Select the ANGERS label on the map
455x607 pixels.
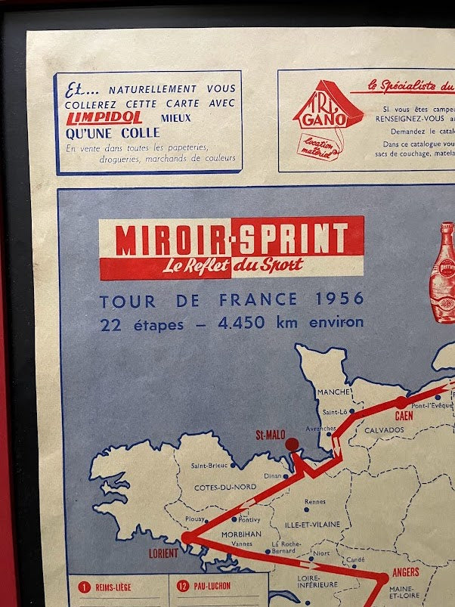click(405, 572)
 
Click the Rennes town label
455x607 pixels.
click(314, 501)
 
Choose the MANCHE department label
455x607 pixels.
click(333, 392)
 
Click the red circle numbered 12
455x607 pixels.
click(182, 585)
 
